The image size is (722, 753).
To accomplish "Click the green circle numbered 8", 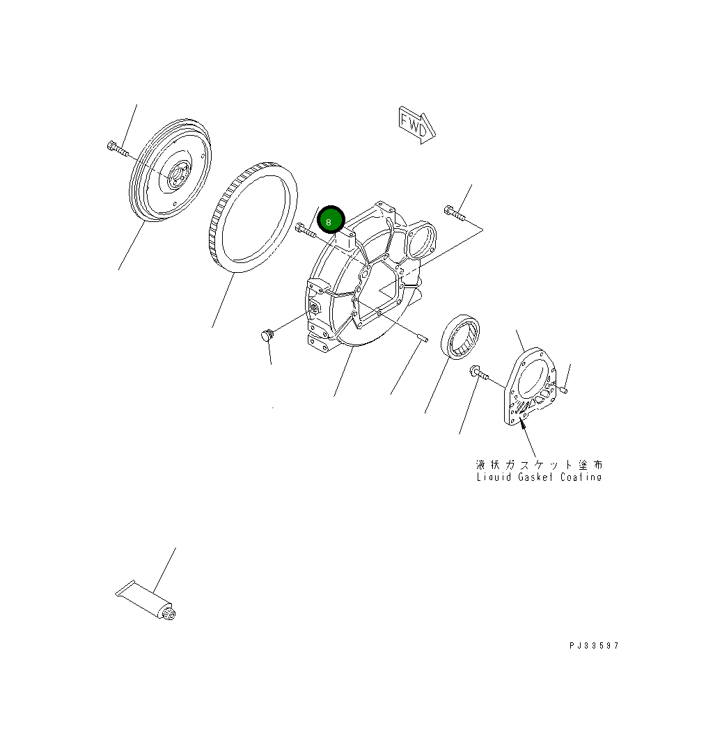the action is coord(331,220).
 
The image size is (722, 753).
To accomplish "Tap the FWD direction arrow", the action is coord(416,125).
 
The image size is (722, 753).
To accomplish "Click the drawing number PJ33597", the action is coord(594,646).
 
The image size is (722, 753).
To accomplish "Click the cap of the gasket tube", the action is coord(169,613).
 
